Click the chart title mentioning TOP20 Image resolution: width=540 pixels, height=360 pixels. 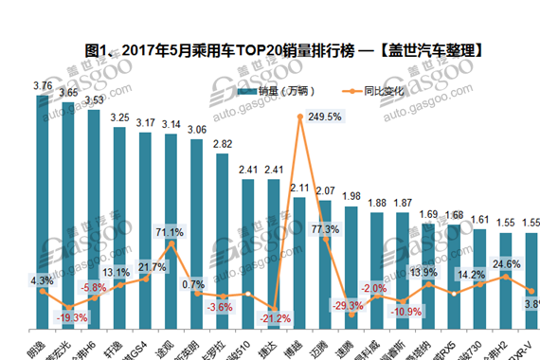tap(270, 49)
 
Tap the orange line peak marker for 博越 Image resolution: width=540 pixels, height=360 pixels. tap(299, 117)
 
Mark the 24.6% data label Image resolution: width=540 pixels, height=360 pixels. tap(504, 264)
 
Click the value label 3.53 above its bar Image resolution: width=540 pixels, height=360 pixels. tap(94, 99)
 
